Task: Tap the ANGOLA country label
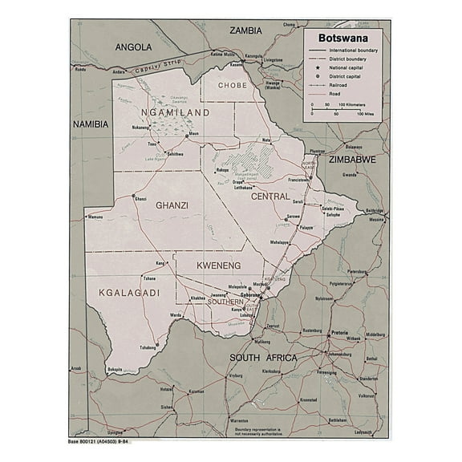(133, 47)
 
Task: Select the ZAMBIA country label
(245, 30)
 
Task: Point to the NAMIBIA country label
(91, 124)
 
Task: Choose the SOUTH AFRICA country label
(262, 358)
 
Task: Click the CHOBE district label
(233, 84)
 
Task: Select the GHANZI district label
(172, 205)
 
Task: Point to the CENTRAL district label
(270, 196)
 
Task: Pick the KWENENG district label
(219, 262)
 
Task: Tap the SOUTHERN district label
(225, 302)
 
